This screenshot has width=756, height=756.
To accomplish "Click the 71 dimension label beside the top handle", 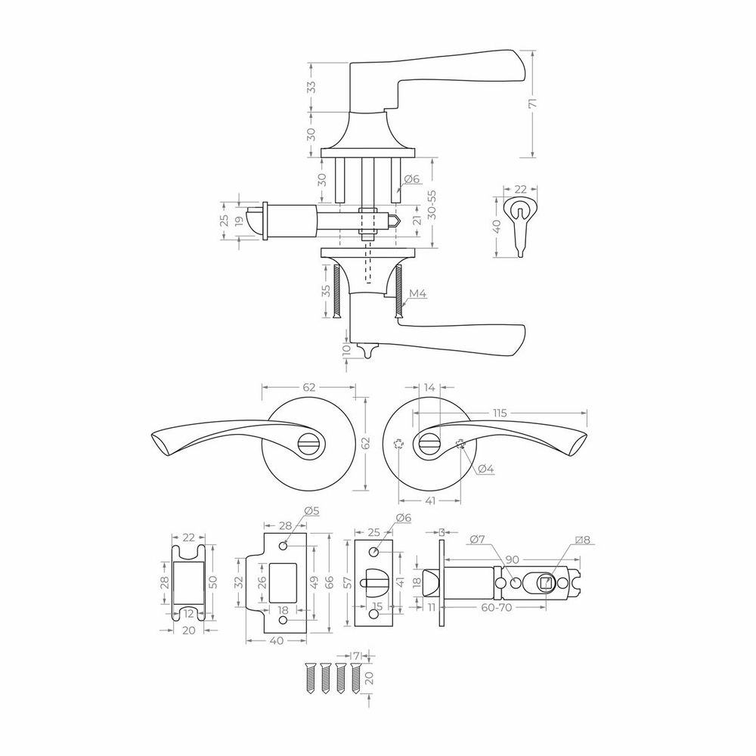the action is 532,104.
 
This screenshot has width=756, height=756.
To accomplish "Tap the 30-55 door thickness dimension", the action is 432,204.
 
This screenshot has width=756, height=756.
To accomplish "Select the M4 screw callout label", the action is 417,293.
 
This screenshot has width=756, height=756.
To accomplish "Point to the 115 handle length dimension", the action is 500,414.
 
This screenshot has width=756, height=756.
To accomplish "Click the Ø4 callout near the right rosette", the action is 486,469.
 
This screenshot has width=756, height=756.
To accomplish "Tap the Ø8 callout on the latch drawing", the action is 583,540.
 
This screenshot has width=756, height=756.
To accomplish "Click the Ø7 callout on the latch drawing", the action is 477,539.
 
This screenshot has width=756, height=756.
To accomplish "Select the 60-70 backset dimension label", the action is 497,608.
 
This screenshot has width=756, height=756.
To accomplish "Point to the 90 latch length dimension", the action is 513,559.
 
